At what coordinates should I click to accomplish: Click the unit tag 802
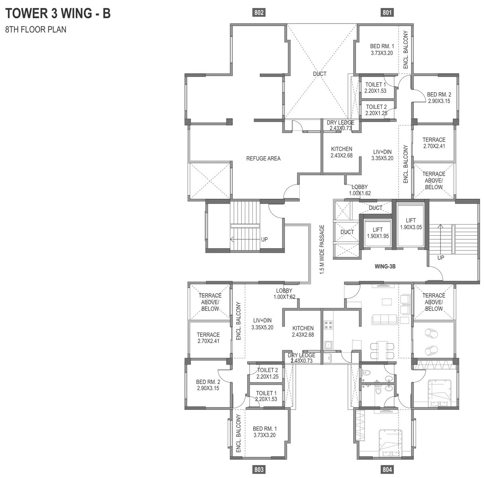(x=259, y=13)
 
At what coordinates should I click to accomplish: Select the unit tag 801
(x=387, y=13)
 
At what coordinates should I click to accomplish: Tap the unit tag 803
(x=259, y=470)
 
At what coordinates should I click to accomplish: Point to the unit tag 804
(x=387, y=470)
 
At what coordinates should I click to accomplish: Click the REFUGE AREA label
(x=263, y=159)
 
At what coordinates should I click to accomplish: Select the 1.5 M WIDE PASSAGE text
(x=322, y=249)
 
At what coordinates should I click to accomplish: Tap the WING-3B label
(x=385, y=266)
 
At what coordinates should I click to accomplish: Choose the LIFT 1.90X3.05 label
(x=411, y=224)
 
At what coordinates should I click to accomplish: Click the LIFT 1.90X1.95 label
(x=377, y=233)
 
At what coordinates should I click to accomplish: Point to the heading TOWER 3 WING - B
(x=58, y=14)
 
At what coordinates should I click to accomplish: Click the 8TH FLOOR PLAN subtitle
(x=35, y=29)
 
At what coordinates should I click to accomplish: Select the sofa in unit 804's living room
(x=384, y=319)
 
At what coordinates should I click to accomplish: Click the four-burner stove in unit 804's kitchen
(x=329, y=325)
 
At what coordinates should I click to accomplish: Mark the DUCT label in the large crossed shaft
(x=319, y=74)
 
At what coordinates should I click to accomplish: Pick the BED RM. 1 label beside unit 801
(x=382, y=49)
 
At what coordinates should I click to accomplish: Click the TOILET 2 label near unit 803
(x=267, y=373)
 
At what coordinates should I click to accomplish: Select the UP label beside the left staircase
(x=264, y=239)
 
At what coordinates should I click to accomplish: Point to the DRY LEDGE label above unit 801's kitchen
(x=340, y=125)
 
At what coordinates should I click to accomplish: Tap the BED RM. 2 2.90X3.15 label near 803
(x=208, y=385)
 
